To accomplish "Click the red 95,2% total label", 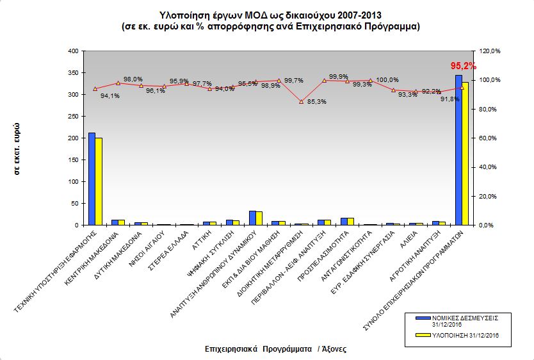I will [x=464, y=66].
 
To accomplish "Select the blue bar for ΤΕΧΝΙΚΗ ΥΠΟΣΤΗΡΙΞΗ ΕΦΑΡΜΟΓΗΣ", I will [x=92, y=179].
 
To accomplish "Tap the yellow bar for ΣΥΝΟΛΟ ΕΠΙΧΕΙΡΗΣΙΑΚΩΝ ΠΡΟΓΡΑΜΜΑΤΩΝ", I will [x=465, y=154].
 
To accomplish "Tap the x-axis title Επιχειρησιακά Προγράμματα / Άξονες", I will [x=275, y=349].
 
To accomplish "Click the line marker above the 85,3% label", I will [x=302, y=101].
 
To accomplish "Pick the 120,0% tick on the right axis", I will [x=484, y=51].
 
